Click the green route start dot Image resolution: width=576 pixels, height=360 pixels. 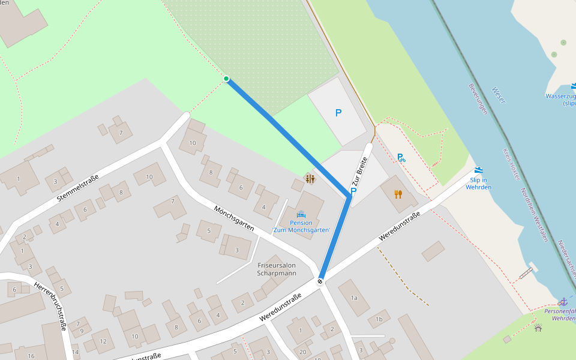point(226,79)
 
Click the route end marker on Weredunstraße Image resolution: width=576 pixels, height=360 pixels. point(320,281)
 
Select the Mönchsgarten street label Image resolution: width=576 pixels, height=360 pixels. point(234,218)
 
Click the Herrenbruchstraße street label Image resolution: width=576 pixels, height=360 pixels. point(50,305)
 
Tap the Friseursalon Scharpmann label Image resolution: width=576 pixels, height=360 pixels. point(277,269)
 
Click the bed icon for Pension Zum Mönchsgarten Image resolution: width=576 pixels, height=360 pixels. point(301,214)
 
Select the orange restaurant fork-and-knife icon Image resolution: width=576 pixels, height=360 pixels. point(398,194)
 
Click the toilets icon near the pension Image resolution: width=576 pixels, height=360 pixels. point(310,179)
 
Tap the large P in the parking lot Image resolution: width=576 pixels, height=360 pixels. point(338,113)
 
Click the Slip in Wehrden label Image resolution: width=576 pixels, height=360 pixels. point(478,184)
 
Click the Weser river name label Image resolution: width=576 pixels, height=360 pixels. point(499,95)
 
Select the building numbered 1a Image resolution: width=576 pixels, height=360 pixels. point(354,298)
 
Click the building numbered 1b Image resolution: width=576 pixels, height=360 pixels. point(379,319)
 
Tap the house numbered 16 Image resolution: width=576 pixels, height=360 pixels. point(31,356)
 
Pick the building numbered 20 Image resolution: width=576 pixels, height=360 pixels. point(303,352)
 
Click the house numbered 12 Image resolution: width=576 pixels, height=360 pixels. point(103,341)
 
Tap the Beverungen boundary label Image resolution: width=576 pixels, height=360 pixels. point(478,98)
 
